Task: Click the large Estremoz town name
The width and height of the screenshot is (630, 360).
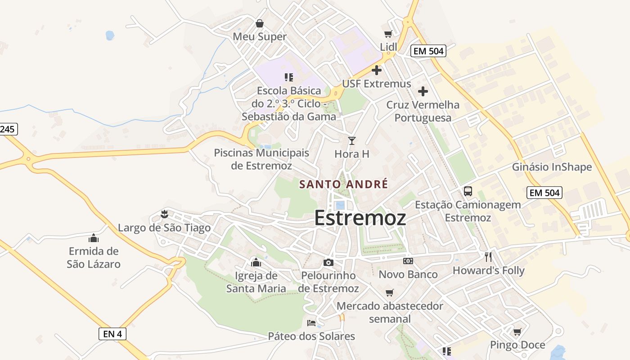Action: (x=360, y=218)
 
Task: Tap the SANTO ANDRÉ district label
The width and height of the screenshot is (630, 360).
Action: (x=343, y=184)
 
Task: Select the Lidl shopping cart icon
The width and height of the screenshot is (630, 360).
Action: (x=388, y=34)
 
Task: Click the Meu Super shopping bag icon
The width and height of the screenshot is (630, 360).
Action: (x=260, y=23)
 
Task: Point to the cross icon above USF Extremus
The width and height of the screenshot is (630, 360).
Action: (x=377, y=70)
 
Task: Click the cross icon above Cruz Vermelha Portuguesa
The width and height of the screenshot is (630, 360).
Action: (x=423, y=91)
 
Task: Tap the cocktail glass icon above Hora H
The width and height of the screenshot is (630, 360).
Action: (x=352, y=140)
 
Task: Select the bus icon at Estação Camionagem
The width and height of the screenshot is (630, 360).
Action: (x=468, y=191)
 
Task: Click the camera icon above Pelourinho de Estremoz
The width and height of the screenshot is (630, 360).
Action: (x=328, y=262)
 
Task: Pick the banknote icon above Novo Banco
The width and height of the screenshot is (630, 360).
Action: (x=408, y=261)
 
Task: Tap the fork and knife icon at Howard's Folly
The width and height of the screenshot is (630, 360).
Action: (x=488, y=257)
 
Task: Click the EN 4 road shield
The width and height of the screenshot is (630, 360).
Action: (x=112, y=334)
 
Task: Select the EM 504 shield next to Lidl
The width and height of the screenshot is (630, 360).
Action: (x=428, y=51)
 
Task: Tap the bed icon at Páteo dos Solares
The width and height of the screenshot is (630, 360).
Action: (x=311, y=323)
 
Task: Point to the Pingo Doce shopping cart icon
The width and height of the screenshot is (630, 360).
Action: (x=517, y=332)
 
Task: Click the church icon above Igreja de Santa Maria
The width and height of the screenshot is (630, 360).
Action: (x=256, y=262)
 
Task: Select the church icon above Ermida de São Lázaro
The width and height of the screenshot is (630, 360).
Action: (x=94, y=238)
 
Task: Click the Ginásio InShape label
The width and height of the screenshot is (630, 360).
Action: (x=552, y=167)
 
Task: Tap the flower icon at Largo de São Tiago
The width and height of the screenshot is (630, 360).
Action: (x=164, y=214)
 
